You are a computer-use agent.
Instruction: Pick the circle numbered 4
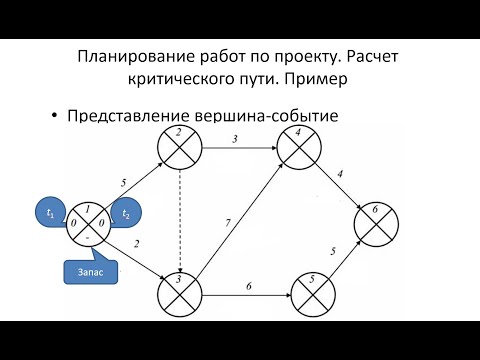coord(297,147)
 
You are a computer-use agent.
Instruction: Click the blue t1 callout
coord(48,213)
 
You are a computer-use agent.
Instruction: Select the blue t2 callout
coord(127,213)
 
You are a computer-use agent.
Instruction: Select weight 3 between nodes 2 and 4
coord(234,138)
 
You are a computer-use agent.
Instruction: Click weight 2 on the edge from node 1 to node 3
coord(136,244)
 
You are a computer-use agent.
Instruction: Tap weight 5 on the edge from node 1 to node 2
coord(122,182)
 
